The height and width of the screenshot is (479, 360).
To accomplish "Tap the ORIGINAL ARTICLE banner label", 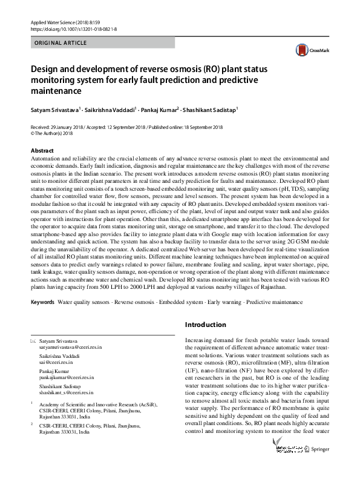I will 61,43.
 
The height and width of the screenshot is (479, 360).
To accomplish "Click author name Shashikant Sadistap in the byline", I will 211,111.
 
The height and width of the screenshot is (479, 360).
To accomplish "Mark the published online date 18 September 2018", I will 201,127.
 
